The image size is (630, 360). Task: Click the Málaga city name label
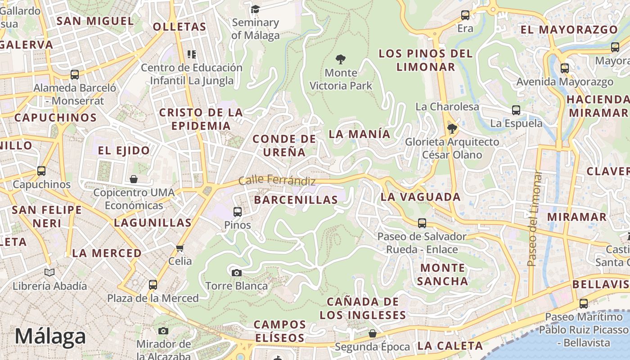pyautogui.click(x=50, y=337)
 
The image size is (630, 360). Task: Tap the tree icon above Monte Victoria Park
pyautogui.click(x=341, y=59)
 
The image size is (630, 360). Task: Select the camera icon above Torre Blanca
pyautogui.click(x=236, y=273)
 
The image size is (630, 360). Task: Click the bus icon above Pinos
pyautogui.click(x=237, y=211)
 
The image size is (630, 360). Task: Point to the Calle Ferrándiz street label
pyautogui.click(x=277, y=180)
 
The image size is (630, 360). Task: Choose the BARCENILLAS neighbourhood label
pyautogui.click(x=296, y=200)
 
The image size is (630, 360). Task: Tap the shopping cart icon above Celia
pyautogui.click(x=180, y=248)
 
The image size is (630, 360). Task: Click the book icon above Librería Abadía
pyautogui.click(x=49, y=272)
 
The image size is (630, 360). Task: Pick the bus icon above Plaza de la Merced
pyautogui.click(x=153, y=285)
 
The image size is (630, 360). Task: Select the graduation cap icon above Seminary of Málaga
pyautogui.click(x=255, y=9)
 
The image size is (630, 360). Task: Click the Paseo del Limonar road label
pyautogui.click(x=534, y=218)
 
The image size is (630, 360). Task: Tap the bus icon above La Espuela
pyautogui.click(x=516, y=110)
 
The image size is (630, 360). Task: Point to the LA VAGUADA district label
pyautogui.click(x=420, y=197)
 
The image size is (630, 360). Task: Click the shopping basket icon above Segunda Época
pyautogui.click(x=372, y=333)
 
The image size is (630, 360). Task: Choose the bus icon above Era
pyautogui.click(x=465, y=15)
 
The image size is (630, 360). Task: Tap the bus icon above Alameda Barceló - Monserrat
pyautogui.click(x=75, y=74)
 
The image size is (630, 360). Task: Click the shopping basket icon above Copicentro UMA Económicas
pyautogui.click(x=134, y=179)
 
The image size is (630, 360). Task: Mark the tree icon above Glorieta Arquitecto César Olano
pyautogui.click(x=452, y=129)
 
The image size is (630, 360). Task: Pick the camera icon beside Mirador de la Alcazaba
pyautogui.click(x=163, y=331)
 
